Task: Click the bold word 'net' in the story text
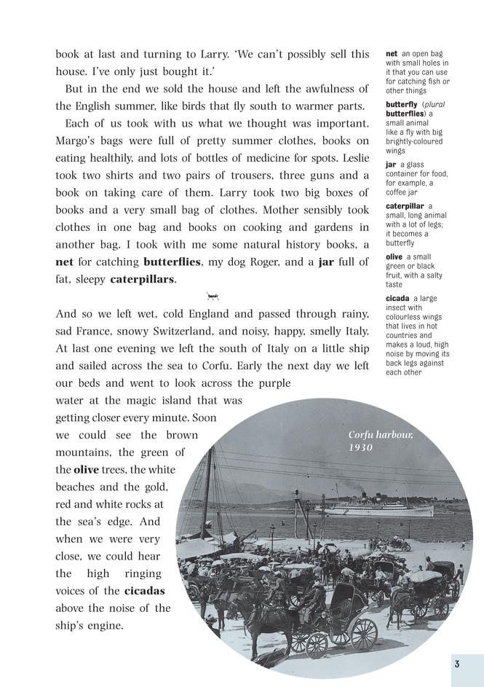click(64, 261)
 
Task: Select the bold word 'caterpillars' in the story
click(143, 278)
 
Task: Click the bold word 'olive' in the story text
click(86, 469)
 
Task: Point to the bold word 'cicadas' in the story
click(144, 590)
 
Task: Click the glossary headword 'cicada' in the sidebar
click(397, 298)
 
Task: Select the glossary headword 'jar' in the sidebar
click(391, 165)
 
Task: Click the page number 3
click(456, 664)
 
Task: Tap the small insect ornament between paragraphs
click(213, 296)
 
